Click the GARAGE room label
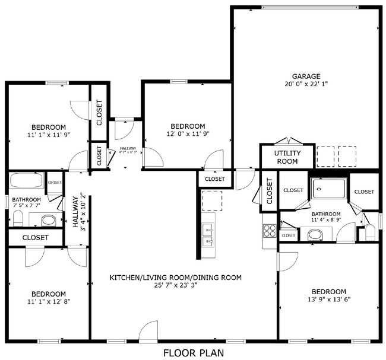click(306, 76)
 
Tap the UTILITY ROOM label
click(287, 157)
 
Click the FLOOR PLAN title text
click(193, 353)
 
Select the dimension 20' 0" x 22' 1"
click(306, 84)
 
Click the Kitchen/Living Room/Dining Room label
click(182, 277)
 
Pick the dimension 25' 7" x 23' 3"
click(182, 285)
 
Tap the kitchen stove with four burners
click(269, 230)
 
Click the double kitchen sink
click(208, 234)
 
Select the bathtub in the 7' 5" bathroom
click(26, 181)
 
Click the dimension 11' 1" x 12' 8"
click(48, 302)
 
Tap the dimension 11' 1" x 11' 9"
click(48, 135)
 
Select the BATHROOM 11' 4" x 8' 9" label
click(326, 217)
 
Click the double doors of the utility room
click(287, 141)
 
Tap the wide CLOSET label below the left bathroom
click(36, 237)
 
